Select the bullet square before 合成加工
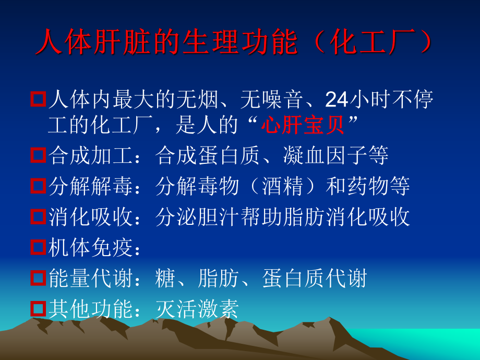(38, 155)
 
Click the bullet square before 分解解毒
(38, 186)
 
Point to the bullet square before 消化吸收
(38, 217)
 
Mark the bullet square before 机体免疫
(38, 247)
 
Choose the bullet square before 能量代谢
(38, 278)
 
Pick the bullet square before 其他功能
(38, 309)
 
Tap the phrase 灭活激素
(197, 309)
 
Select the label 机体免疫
(90, 248)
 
